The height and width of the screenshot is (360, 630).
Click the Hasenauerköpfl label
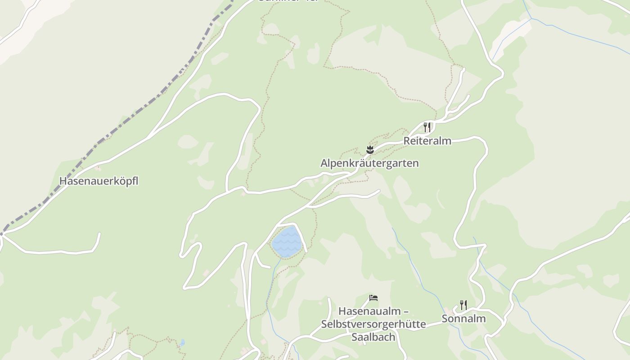point(99,181)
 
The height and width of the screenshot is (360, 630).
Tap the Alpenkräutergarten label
point(369,163)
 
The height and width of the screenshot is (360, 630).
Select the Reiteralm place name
point(427,140)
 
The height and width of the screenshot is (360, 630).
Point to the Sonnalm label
point(463,319)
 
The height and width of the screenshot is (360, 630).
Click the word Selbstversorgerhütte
point(373,324)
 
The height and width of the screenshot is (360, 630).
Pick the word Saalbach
point(373,337)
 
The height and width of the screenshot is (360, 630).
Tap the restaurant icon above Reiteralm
point(427,127)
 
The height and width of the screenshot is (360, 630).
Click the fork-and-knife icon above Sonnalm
point(463,305)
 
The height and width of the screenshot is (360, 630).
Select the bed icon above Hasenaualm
point(373,297)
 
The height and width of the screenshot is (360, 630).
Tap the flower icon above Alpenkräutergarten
point(370,149)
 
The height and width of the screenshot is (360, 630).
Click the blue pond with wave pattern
point(286,242)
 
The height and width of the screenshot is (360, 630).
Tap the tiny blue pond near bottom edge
point(182,343)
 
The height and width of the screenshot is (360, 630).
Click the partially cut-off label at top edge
point(288,1)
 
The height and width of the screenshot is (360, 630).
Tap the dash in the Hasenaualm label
point(405,311)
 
